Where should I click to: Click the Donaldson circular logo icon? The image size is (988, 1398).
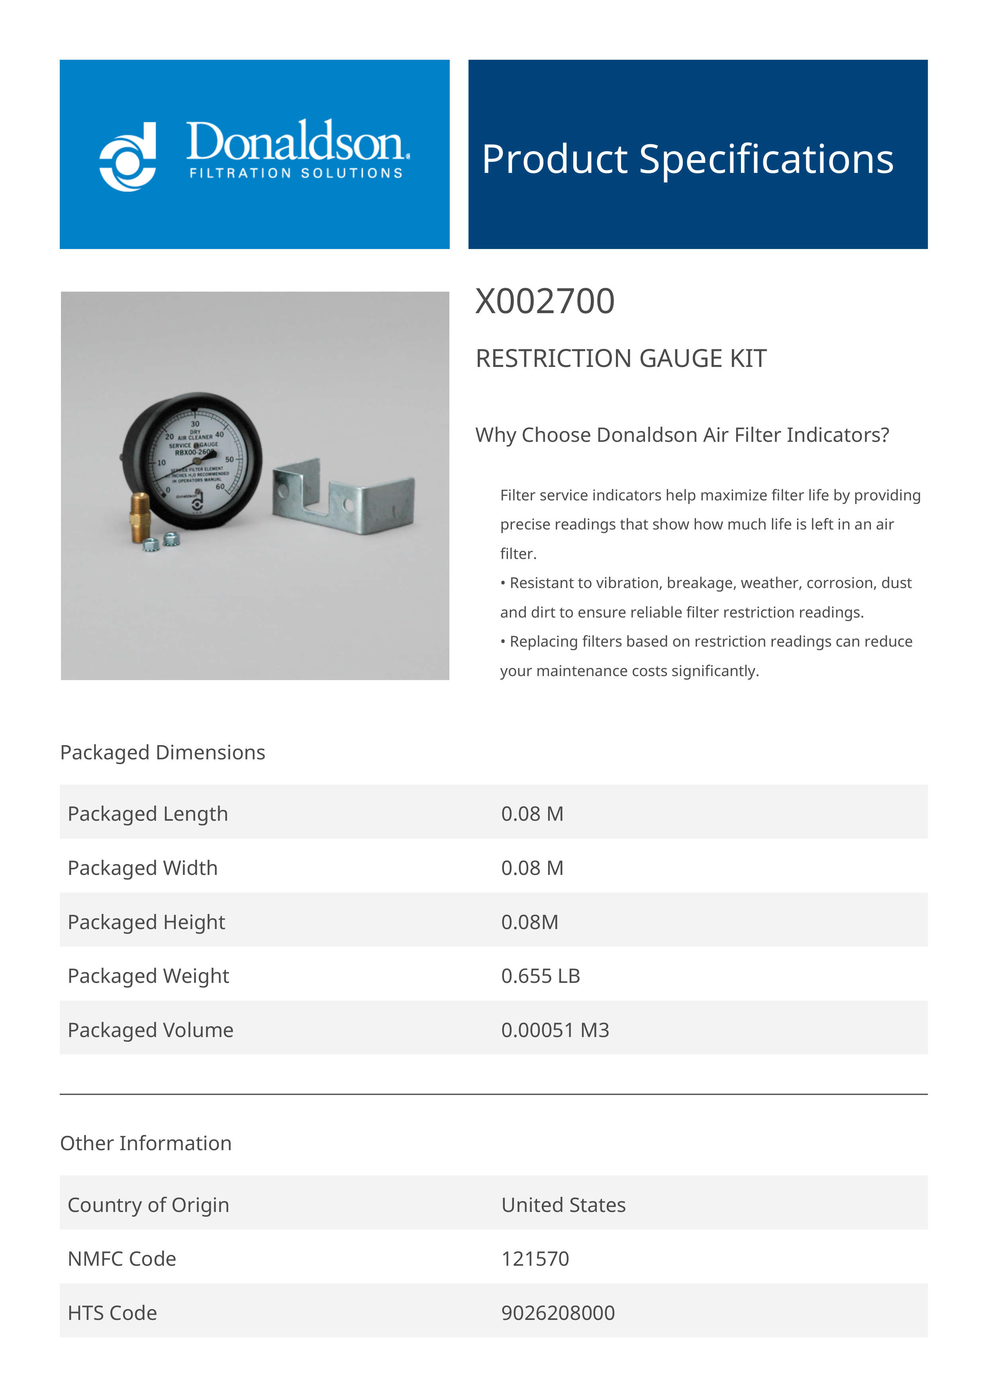click(x=128, y=157)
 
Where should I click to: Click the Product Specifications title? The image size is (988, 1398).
click(x=687, y=159)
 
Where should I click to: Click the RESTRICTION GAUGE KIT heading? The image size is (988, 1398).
click(x=621, y=358)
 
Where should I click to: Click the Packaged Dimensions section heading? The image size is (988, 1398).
click(x=163, y=753)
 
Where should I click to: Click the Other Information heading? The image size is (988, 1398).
click(x=145, y=1143)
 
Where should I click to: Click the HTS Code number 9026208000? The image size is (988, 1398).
click(x=558, y=1312)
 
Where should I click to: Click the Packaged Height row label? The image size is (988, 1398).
click(x=146, y=922)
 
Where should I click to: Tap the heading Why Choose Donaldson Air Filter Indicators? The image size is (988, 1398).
click(x=682, y=435)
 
